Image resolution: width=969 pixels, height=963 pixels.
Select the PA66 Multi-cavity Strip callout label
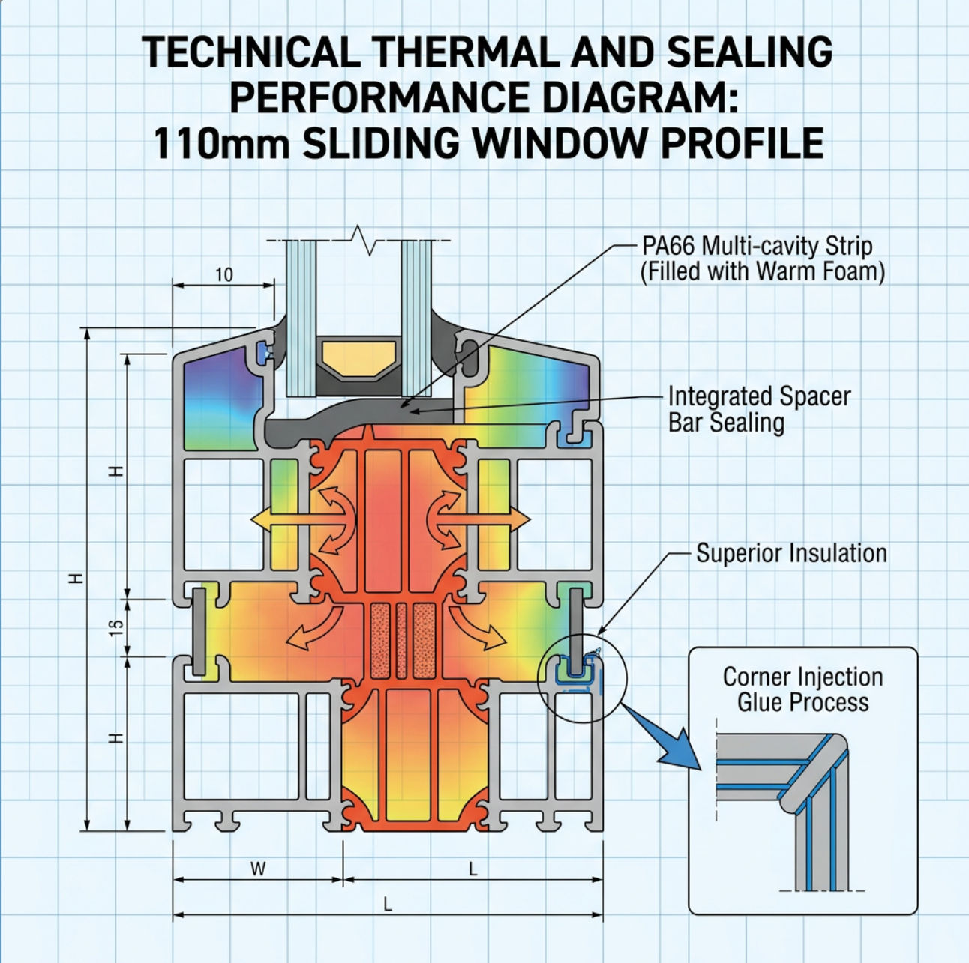762,259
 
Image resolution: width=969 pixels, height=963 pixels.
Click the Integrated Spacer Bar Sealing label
759,410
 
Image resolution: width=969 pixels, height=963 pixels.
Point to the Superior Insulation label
791,553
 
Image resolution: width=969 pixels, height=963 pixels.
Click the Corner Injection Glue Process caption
803,689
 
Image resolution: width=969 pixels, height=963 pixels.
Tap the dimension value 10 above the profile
224,275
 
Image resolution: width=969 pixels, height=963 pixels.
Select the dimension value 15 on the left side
115,628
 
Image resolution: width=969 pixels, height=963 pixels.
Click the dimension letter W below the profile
258,868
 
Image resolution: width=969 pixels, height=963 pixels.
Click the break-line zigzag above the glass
364,241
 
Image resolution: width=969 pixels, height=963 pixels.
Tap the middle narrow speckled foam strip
401,641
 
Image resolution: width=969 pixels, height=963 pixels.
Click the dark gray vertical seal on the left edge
199,632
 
